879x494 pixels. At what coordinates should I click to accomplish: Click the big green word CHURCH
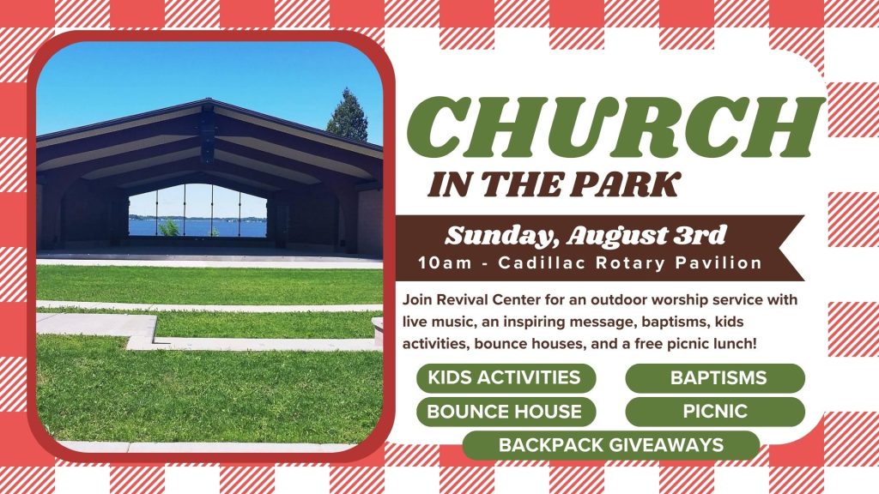click(x=615, y=128)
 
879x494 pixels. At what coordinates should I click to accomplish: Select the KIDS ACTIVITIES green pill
click(x=506, y=378)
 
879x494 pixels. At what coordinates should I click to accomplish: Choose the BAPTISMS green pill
click(x=715, y=378)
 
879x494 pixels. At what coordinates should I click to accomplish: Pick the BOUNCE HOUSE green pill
click(x=506, y=412)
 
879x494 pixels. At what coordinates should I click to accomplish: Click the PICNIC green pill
click(x=715, y=412)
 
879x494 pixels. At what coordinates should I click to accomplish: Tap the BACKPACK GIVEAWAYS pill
click(x=611, y=445)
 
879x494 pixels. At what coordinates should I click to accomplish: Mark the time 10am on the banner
click(x=446, y=262)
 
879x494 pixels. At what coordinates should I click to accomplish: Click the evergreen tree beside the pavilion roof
click(x=348, y=116)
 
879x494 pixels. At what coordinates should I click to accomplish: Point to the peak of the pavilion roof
click(x=208, y=101)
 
